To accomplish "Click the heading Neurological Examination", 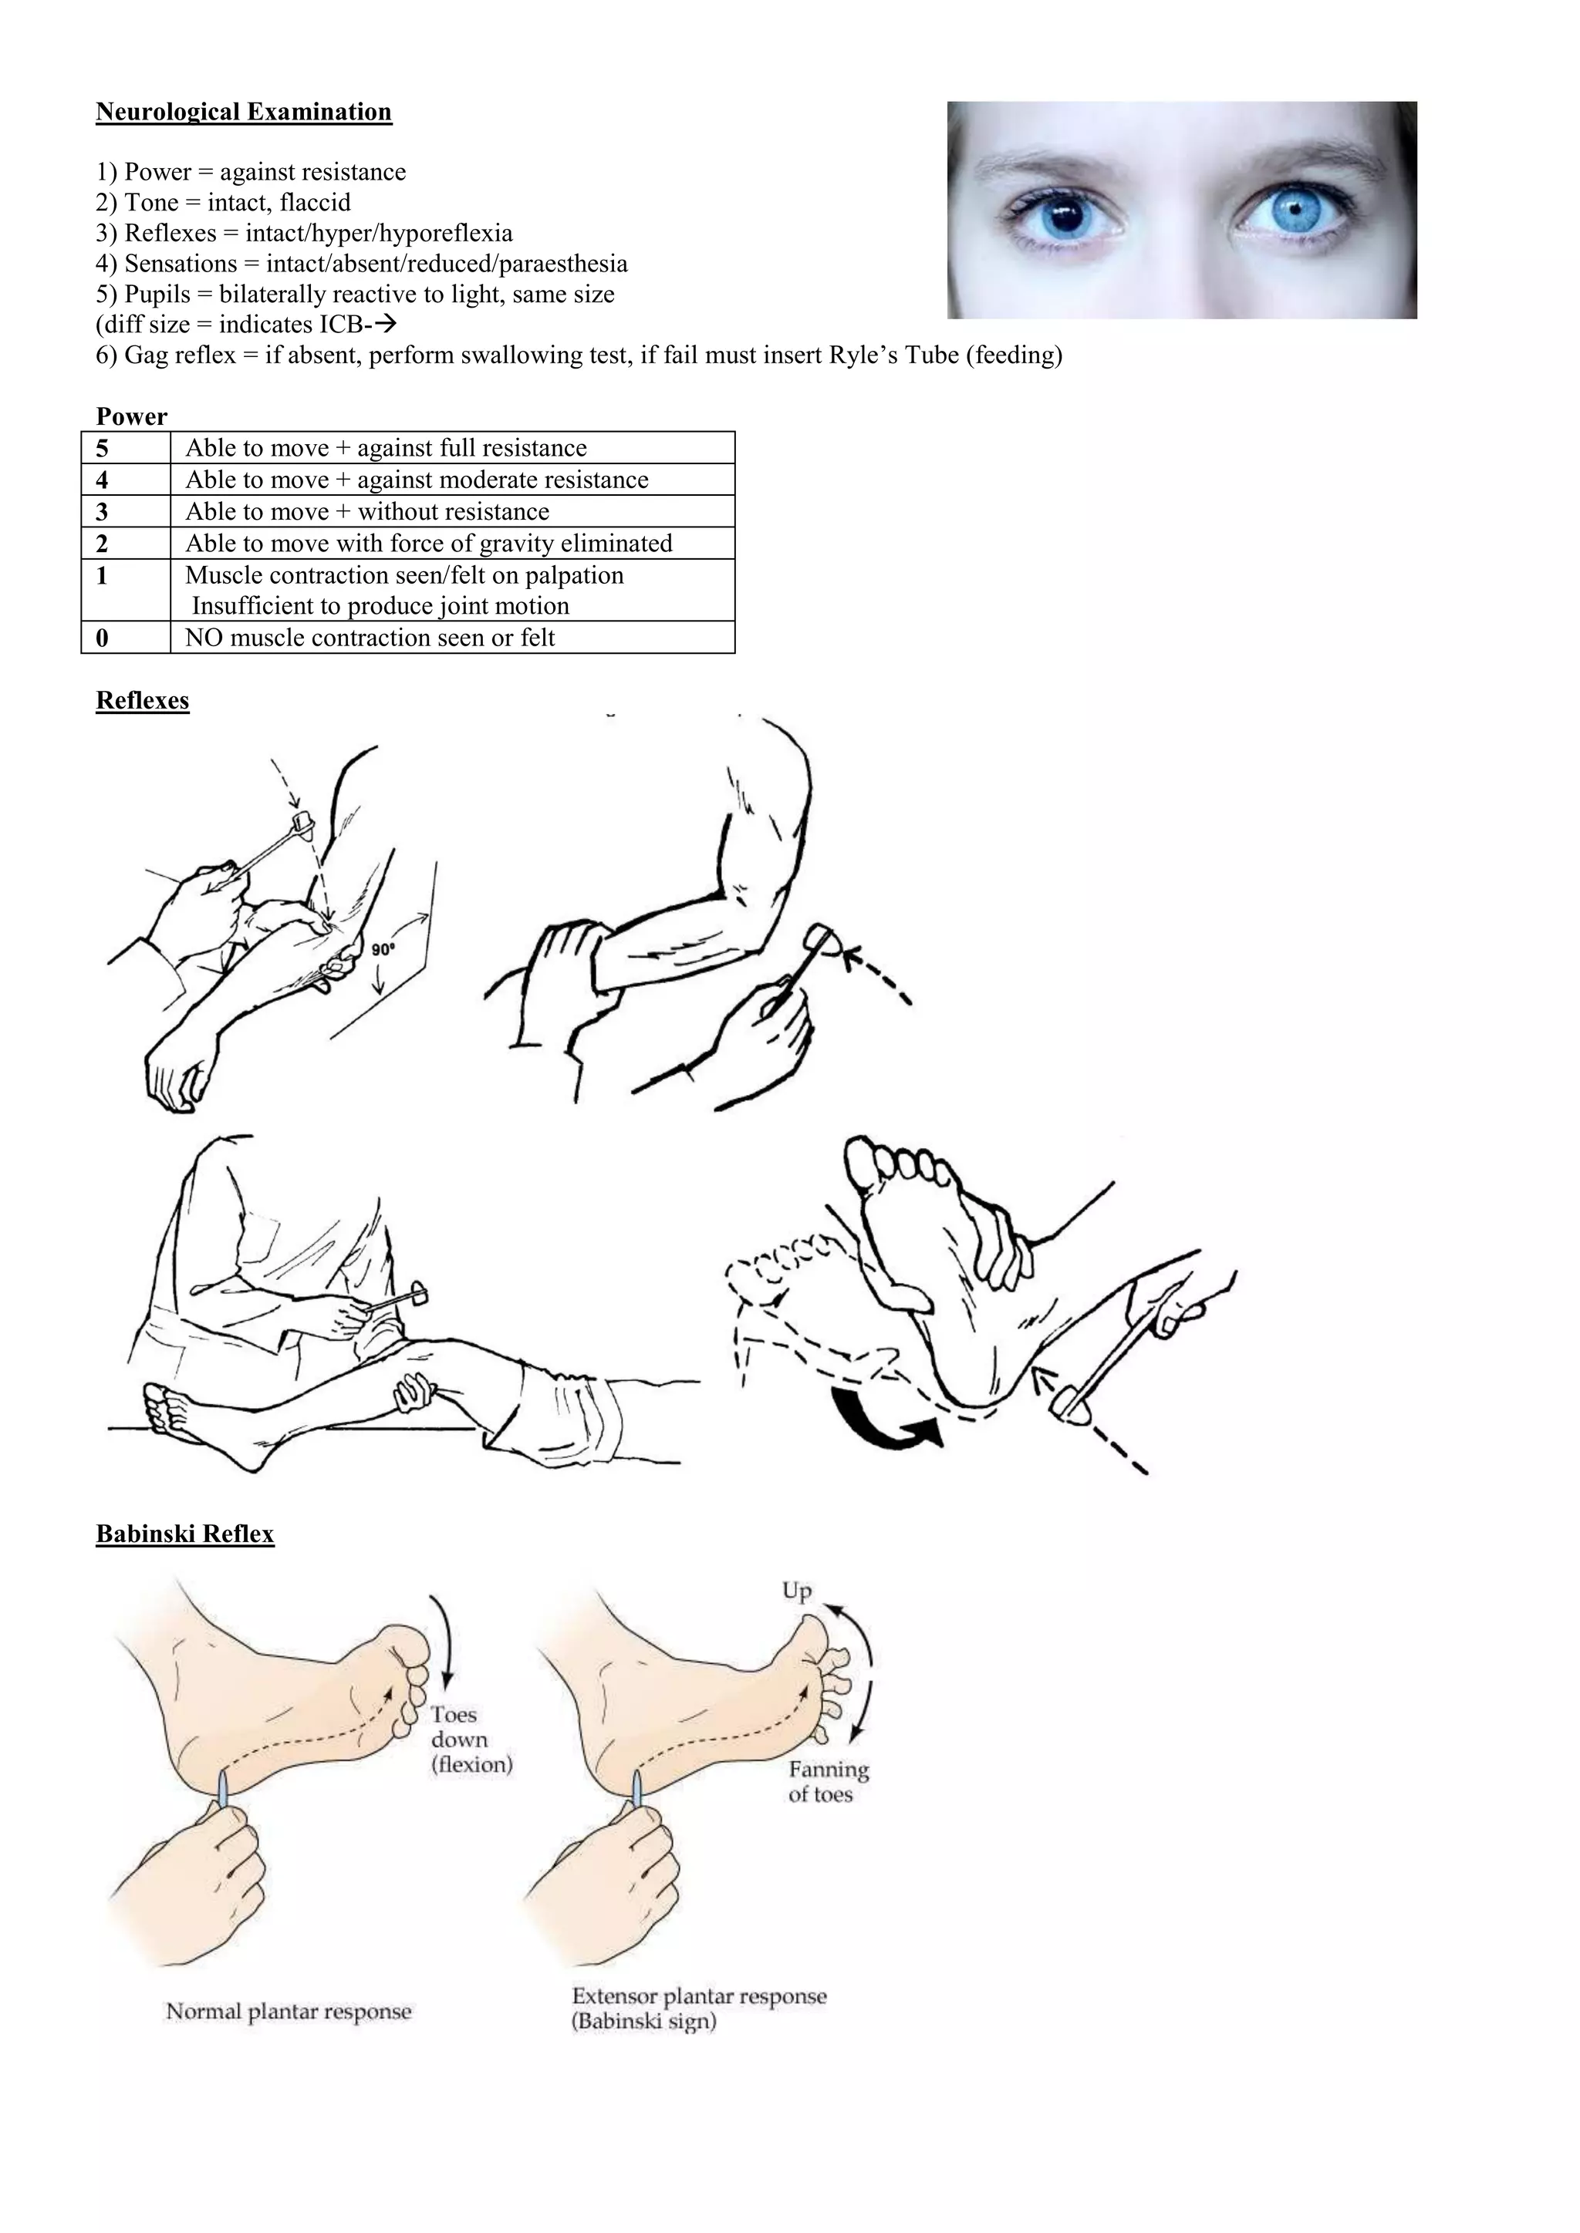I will pos(243,112).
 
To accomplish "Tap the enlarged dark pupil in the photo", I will pos(1067,216).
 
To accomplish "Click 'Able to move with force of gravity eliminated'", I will pos(428,544).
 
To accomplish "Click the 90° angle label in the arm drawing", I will pos(383,948).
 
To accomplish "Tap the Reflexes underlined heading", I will pos(142,701).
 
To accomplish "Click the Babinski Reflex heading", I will pos(185,1534).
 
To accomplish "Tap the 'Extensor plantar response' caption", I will pos(698,1996).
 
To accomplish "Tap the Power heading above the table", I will pos(131,417).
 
